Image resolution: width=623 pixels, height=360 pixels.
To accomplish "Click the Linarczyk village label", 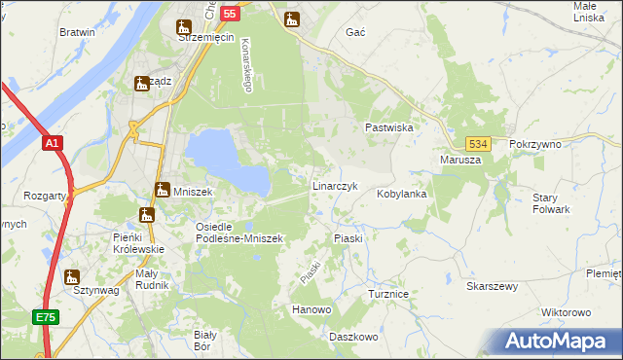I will (335, 185).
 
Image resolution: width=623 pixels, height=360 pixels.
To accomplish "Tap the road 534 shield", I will (476, 143).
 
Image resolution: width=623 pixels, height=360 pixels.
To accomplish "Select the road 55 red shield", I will (229, 14).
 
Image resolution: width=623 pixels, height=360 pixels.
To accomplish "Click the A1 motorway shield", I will (53, 143).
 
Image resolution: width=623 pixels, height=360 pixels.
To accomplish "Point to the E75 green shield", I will (45, 317).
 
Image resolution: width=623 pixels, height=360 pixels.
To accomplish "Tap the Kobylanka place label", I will (402, 194).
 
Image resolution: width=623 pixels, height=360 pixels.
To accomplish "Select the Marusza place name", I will (460, 160).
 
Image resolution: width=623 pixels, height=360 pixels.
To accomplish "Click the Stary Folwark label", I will (551, 203).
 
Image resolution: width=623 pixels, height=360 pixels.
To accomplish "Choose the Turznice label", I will (392, 293).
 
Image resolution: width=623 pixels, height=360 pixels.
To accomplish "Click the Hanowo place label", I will (311, 309).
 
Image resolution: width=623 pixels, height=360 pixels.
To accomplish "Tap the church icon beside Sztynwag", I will (71, 276).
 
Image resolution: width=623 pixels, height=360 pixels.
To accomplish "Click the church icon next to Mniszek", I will (162, 192).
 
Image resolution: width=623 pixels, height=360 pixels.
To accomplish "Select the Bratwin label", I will (77, 32).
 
